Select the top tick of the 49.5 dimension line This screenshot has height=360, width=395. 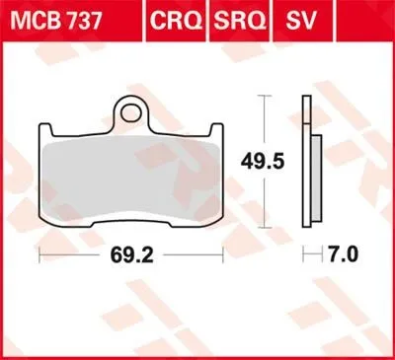(262, 96)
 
